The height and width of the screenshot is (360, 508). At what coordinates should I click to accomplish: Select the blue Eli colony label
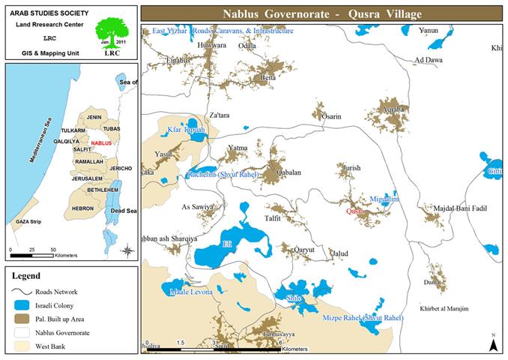(x=228, y=244)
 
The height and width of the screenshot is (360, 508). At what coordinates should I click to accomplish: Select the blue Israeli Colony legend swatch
(x=22, y=306)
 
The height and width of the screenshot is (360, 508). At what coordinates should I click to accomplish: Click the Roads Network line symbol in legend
(x=22, y=292)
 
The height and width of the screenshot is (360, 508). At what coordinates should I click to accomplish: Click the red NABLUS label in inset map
(x=100, y=142)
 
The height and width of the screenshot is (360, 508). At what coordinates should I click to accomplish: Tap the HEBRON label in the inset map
(x=82, y=208)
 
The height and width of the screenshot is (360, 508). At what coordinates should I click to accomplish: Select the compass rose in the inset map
(x=128, y=250)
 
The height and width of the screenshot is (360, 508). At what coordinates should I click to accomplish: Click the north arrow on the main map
(x=493, y=343)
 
